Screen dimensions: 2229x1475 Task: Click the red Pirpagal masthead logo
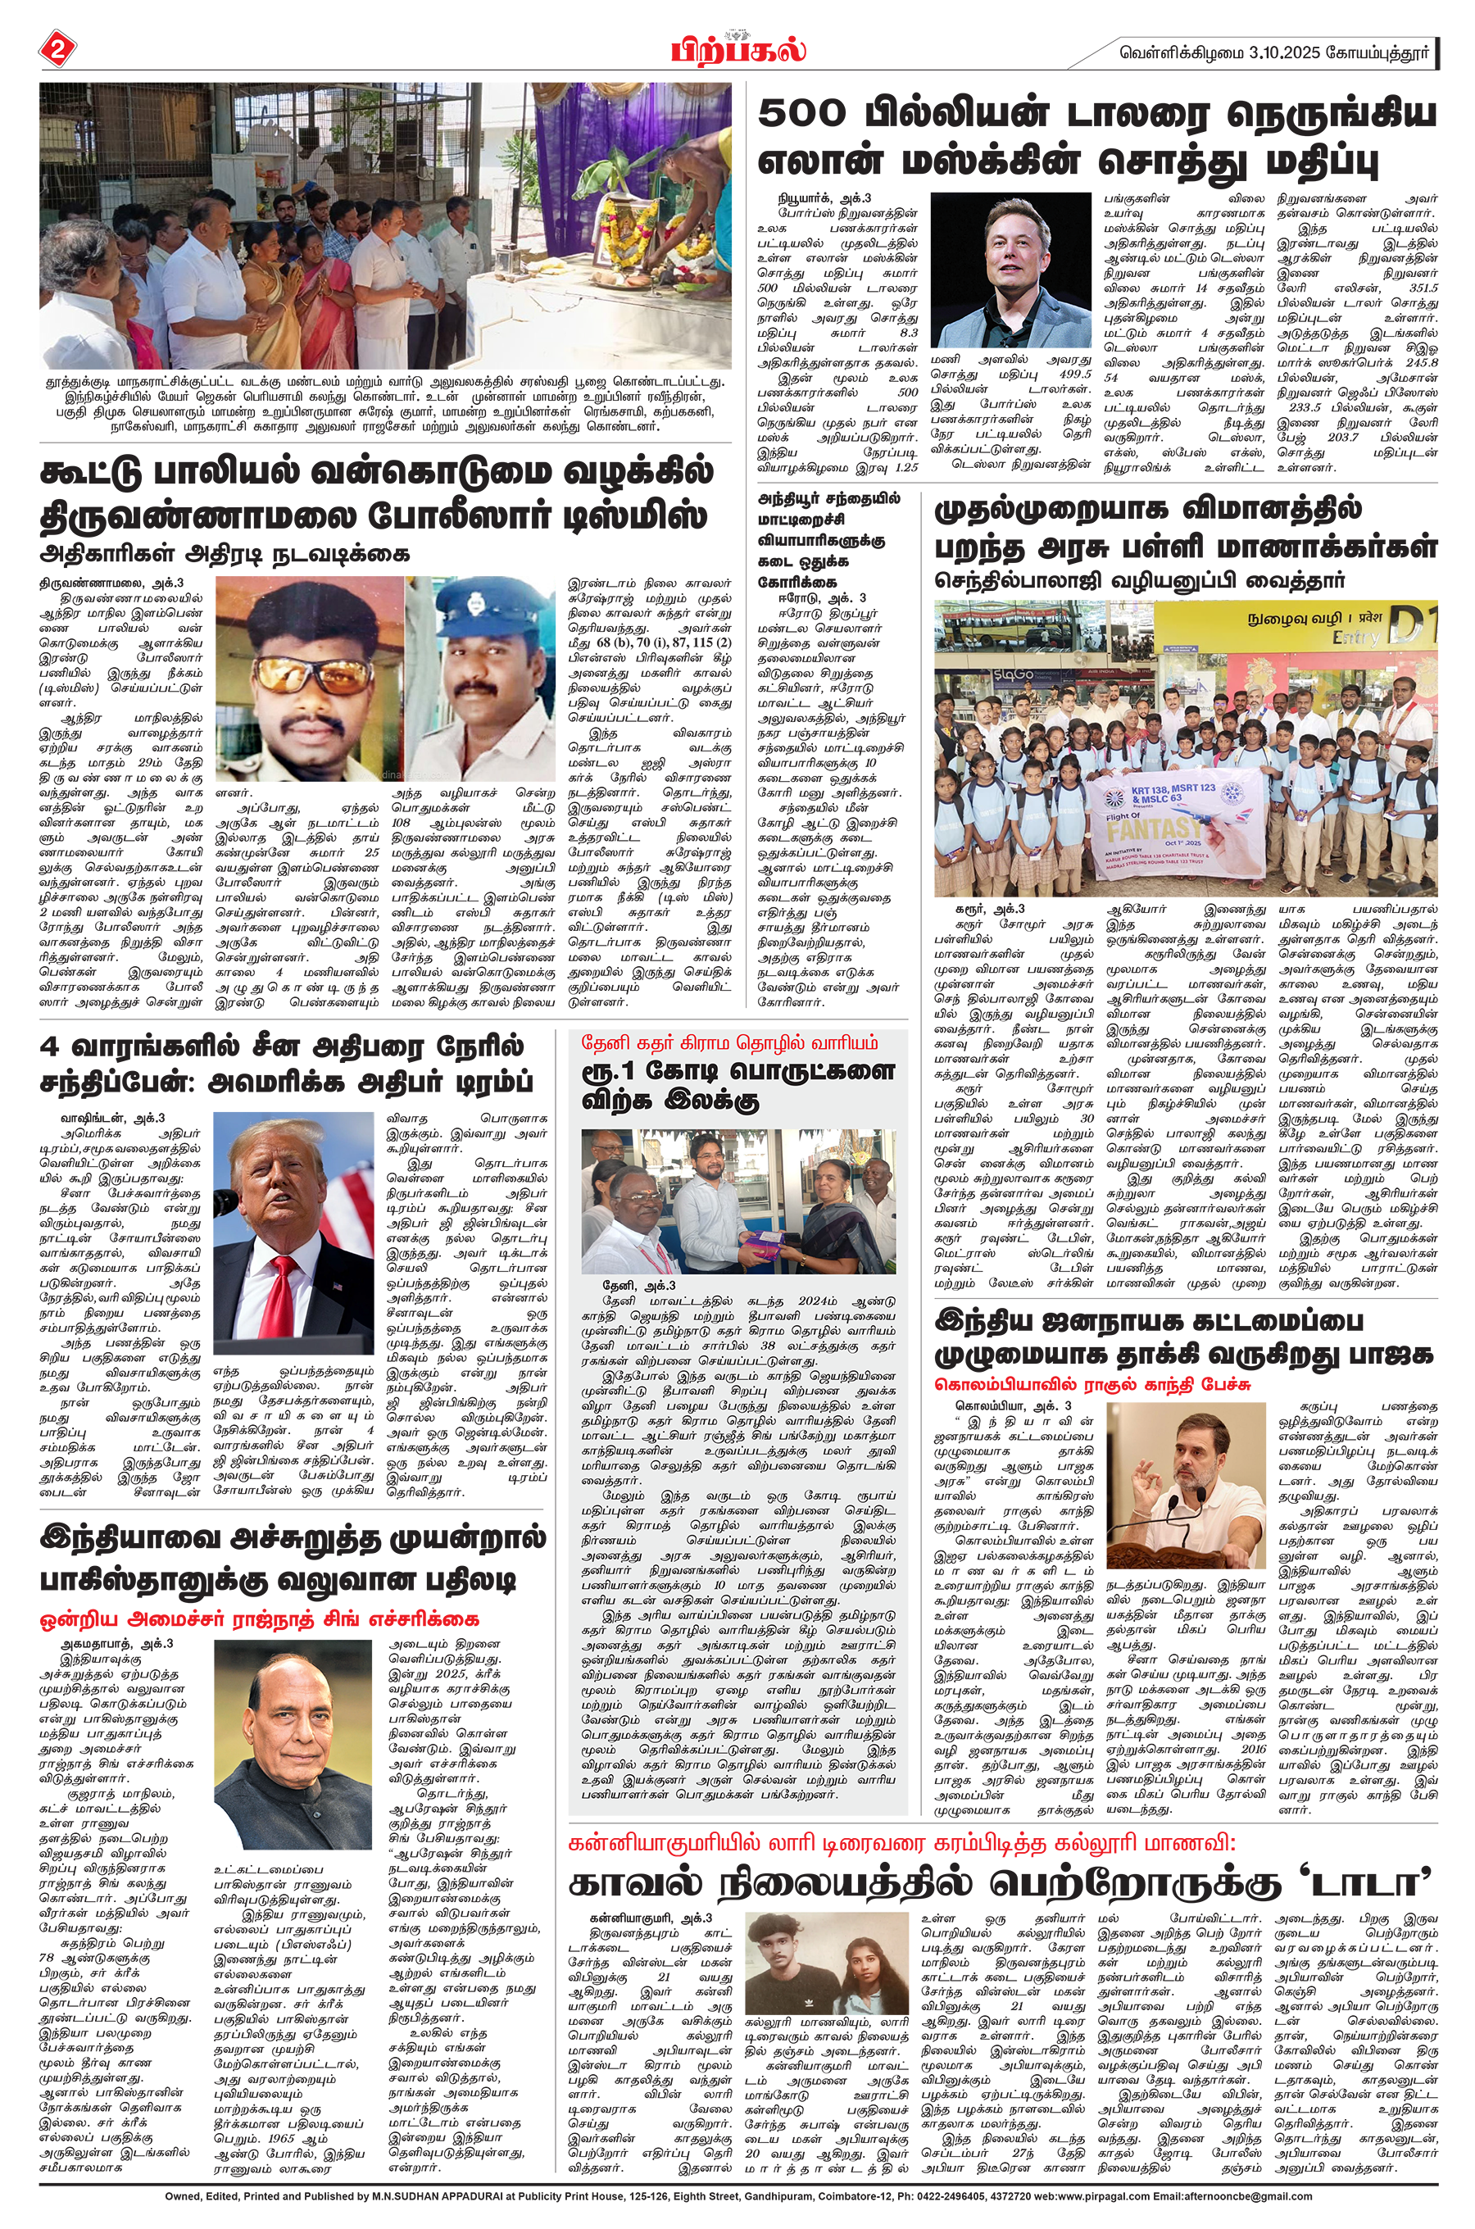(738, 49)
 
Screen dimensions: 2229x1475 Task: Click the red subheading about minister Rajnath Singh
(260, 1618)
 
